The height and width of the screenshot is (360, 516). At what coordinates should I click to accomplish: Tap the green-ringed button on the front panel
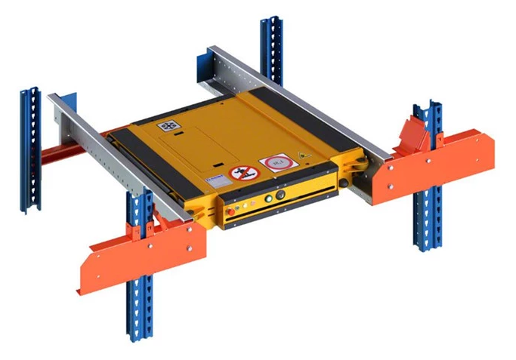pos(267,199)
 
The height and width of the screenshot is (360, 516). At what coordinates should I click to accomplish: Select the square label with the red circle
pos(273,163)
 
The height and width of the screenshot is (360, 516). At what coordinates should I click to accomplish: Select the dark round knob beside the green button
pos(281,195)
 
